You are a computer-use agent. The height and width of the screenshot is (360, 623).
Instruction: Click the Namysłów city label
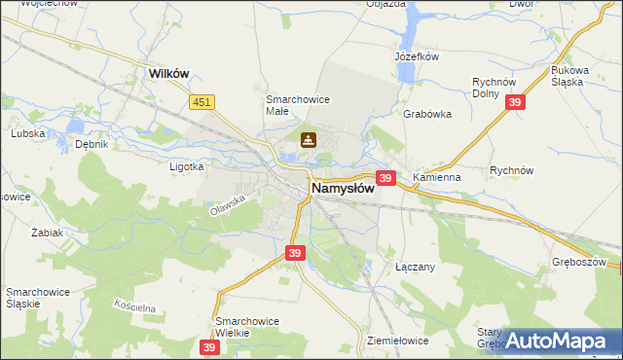342,188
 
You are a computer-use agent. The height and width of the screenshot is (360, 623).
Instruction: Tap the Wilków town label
167,73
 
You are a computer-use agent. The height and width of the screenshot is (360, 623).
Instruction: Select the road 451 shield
202,101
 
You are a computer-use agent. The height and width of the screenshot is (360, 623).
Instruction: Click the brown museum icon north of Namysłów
309,140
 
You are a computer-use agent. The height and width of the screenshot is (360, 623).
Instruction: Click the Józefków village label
418,56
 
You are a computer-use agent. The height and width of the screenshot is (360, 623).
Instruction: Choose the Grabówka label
427,114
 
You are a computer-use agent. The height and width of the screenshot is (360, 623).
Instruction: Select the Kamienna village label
436,178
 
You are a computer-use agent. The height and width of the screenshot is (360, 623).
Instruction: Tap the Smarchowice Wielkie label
247,327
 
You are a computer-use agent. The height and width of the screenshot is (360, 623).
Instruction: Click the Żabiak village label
47,234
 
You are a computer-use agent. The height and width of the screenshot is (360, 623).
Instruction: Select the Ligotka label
185,166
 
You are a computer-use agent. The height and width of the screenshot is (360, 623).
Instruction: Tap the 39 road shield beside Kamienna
385,178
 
